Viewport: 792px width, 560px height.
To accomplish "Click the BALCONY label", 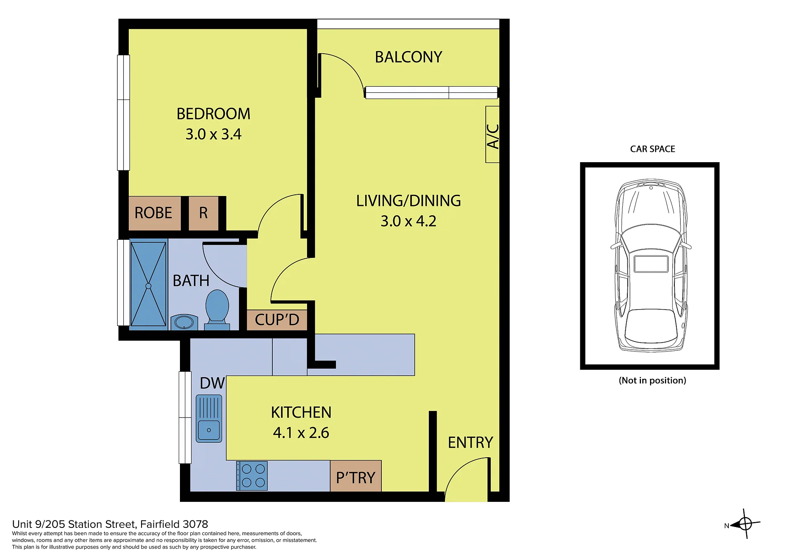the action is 408,57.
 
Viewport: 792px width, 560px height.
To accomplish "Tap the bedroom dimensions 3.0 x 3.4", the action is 213,134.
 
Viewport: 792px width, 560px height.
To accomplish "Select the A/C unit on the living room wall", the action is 492,135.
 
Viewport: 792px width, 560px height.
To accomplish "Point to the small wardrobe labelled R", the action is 203,213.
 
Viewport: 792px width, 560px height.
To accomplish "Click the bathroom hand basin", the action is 184,322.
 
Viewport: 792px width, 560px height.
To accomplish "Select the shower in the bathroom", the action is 149,284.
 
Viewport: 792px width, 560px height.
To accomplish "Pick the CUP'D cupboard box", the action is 277,320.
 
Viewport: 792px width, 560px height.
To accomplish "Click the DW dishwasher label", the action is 212,383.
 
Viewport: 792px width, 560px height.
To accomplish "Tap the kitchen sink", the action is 209,418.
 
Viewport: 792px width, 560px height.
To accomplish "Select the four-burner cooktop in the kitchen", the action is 252,476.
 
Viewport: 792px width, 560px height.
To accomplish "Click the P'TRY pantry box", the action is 356,476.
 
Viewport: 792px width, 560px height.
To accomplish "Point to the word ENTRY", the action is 470,443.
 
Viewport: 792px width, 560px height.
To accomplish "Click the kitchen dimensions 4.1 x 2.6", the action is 301,433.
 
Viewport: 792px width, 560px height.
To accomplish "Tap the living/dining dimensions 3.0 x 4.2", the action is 408,221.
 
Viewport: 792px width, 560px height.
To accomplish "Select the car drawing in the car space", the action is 651,265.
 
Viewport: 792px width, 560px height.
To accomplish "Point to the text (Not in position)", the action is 653,380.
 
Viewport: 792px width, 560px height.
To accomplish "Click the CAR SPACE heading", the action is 653,149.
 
